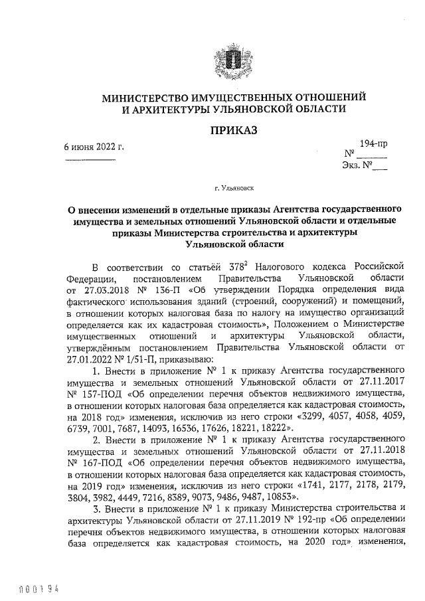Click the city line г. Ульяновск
(233, 189)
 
